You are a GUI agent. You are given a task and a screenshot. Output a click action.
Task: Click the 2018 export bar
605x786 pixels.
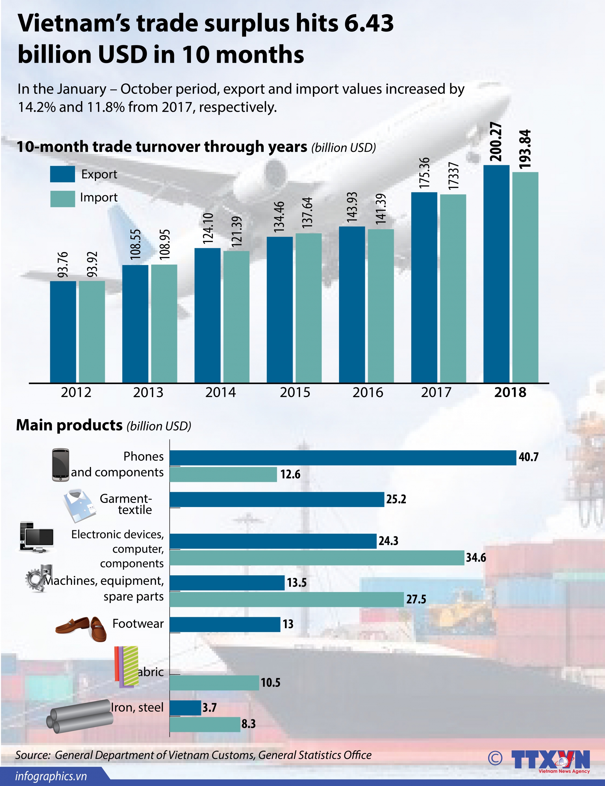point(496,274)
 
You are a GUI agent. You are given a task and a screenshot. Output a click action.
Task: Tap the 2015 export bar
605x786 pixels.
point(279,310)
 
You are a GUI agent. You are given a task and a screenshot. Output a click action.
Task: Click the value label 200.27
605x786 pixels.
point(496,141)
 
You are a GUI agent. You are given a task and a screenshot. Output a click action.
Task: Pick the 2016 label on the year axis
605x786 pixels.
point(368,392)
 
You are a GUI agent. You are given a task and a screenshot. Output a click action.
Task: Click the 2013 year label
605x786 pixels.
point(148,392)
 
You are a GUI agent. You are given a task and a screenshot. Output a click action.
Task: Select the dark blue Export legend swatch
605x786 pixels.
point(62,174)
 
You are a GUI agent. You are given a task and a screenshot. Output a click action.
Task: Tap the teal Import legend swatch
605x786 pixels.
point(62,199)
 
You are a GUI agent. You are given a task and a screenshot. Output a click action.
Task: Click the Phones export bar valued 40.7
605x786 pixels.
point(343,458)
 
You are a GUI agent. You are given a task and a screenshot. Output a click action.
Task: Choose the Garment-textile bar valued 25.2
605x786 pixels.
point(277,499)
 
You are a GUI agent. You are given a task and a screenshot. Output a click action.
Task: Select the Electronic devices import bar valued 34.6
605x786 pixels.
point(317,558)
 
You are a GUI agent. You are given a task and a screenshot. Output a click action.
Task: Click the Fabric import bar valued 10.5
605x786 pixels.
point(214,683)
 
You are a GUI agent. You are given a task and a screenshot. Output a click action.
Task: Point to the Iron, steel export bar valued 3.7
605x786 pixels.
point(185,708)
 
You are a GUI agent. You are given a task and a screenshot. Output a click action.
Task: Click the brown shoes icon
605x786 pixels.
point(81,628)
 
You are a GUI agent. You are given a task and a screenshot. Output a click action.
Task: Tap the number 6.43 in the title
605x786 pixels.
point(368,23)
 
